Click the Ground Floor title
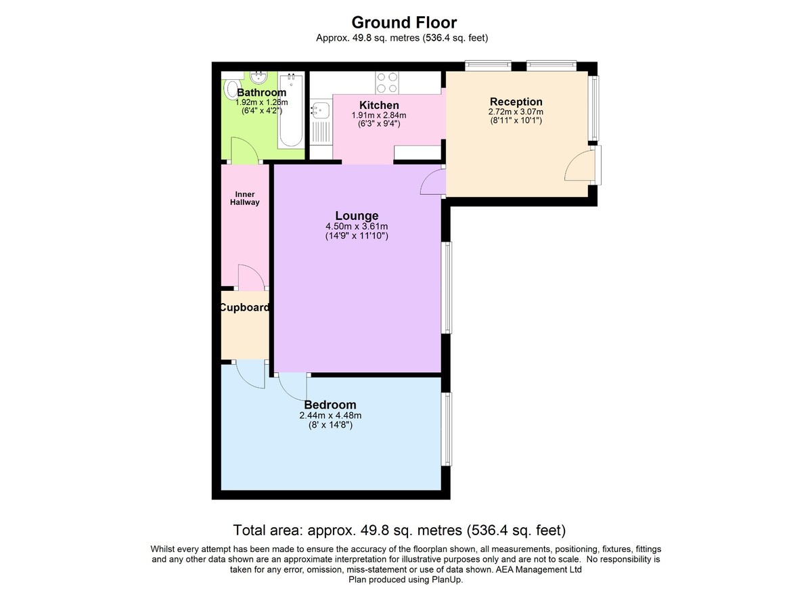[404, 22]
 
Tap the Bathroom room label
[261, 93]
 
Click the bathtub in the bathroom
[291, 110]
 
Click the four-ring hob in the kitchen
[387, 83]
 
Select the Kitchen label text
[379, 105]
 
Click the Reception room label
[516, 101]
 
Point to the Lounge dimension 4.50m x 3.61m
[357, 226]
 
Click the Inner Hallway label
[245, 198]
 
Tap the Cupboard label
[245, 307]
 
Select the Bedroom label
[330, 405]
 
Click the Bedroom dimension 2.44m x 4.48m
[330, 415]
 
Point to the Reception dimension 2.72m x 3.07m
[516, 112]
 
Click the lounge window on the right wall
[449, 288]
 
